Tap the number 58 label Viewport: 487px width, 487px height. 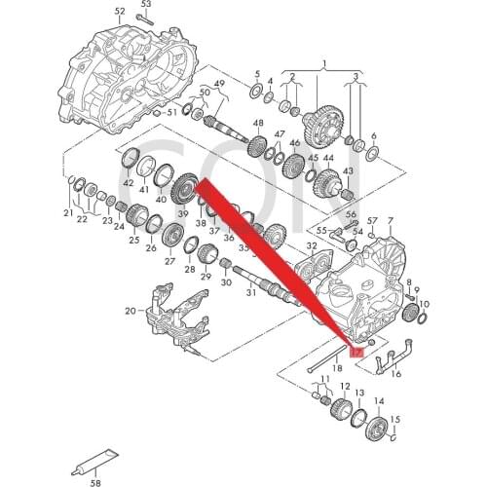click(x=95, y=480)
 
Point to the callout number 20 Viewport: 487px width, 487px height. click(x=131, y=311)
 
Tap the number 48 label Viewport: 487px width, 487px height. click(x=257, y=123)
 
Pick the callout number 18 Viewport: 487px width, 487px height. click(x=337, y=368)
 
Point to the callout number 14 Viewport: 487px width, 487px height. click(x=379, y=400)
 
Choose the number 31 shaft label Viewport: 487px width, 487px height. click(x=250, y=292)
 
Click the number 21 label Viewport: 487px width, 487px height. click(x=68, y=212)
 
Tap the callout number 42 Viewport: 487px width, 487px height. click(x=129, y=183)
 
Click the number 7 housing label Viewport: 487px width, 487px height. click(x=390, y=220)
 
